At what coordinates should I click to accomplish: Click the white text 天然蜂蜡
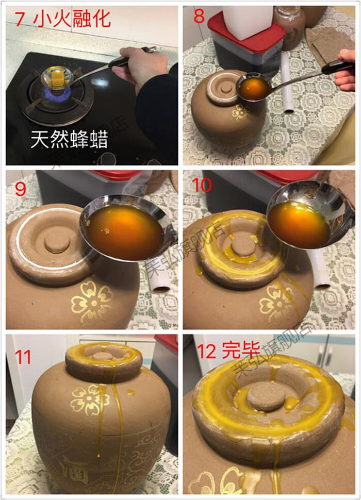tap(65, 138)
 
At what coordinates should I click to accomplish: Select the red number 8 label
tap(199, 17)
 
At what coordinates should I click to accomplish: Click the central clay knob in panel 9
tap(57, 240)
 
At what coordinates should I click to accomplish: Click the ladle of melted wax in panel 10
tap(299, 224)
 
